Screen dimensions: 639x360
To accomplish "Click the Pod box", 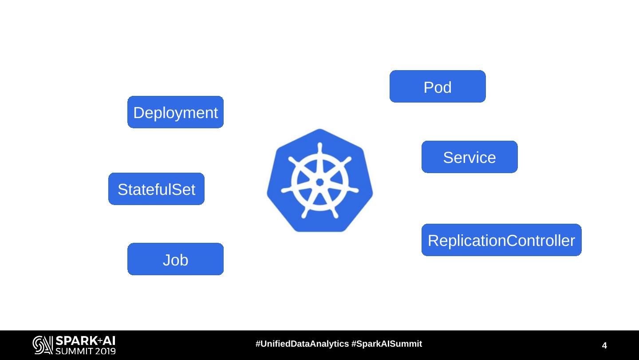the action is pos(438,87).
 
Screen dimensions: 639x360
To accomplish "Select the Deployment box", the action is pos(175,112).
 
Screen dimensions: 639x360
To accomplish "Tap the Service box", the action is pos(469,157).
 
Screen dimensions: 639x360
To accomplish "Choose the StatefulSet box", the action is pos(156,189).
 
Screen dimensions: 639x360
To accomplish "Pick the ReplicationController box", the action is pos(501,240).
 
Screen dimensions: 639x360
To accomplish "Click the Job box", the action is pos(175,259).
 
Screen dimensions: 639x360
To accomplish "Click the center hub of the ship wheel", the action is pos(319,182).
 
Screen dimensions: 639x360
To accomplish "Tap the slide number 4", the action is pos(604,345).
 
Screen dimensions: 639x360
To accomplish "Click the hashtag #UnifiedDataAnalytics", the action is pos(302,344).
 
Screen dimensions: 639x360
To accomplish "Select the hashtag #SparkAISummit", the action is pos(387,344).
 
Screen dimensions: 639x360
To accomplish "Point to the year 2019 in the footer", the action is pos(105,351).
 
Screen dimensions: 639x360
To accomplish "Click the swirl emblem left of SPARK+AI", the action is pos(43,345).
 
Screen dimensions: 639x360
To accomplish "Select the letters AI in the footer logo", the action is pos(109,341).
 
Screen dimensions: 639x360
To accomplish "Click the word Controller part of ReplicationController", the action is pos(540,240).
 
